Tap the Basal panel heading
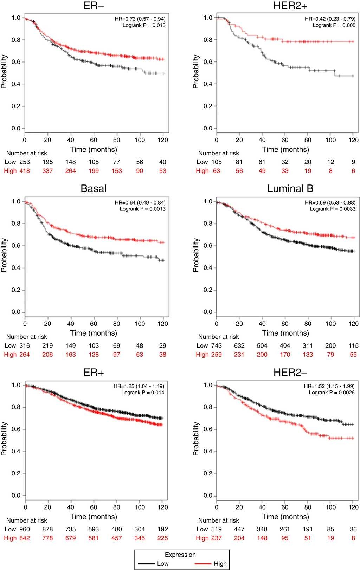tap(94, 189)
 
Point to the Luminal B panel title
tap(290, 189)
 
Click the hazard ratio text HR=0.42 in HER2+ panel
tap(330, 19)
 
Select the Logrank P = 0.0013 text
tap(142, 209)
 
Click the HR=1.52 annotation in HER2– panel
tap(329, 386)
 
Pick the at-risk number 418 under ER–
tap(24, 171)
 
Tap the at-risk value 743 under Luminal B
tap(216, 346)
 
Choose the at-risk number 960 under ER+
tap(24, 529)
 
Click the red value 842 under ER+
tap(24, 538)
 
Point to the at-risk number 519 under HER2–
tap(216, 529)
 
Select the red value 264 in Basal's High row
tap(24, 355)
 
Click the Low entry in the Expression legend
tap(163, 564)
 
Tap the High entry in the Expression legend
tap(220, 564)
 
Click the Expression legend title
tap(180, 555)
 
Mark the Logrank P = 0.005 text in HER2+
tap(334, 25)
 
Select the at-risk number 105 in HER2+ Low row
tap(216, 162)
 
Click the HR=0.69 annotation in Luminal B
tap(330, 203)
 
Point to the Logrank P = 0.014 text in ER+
tap(143, 393)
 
